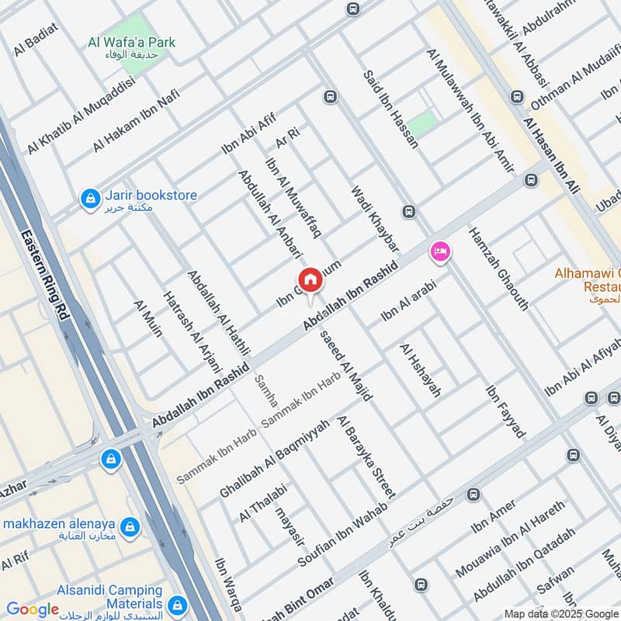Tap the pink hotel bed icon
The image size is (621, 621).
440,252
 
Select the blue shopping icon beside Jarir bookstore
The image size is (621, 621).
91,199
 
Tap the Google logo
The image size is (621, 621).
33,609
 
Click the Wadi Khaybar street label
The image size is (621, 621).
375,218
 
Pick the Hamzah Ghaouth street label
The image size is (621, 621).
498,269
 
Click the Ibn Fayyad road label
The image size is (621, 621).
505,411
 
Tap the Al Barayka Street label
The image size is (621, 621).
366,456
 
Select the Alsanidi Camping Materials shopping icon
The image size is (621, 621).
178,604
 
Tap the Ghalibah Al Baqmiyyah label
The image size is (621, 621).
264,460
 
